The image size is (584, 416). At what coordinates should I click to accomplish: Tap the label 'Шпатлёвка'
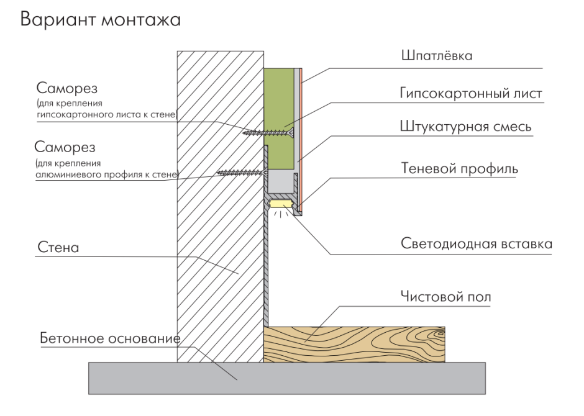pyautogui.click(x=437, y=57)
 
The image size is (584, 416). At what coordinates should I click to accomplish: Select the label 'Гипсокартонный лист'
pyautogui.click(x=472, y=94)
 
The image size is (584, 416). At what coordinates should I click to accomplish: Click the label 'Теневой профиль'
pyautogui.click(x=460, y=168)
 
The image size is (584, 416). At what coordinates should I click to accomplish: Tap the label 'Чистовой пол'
pyautogui.click(x=445, y=297)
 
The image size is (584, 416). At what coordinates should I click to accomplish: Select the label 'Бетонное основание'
pyautogui.click(x=109, y=339)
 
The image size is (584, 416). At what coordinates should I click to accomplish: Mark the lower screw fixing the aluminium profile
pyautogui.click(x=239, y=171)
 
